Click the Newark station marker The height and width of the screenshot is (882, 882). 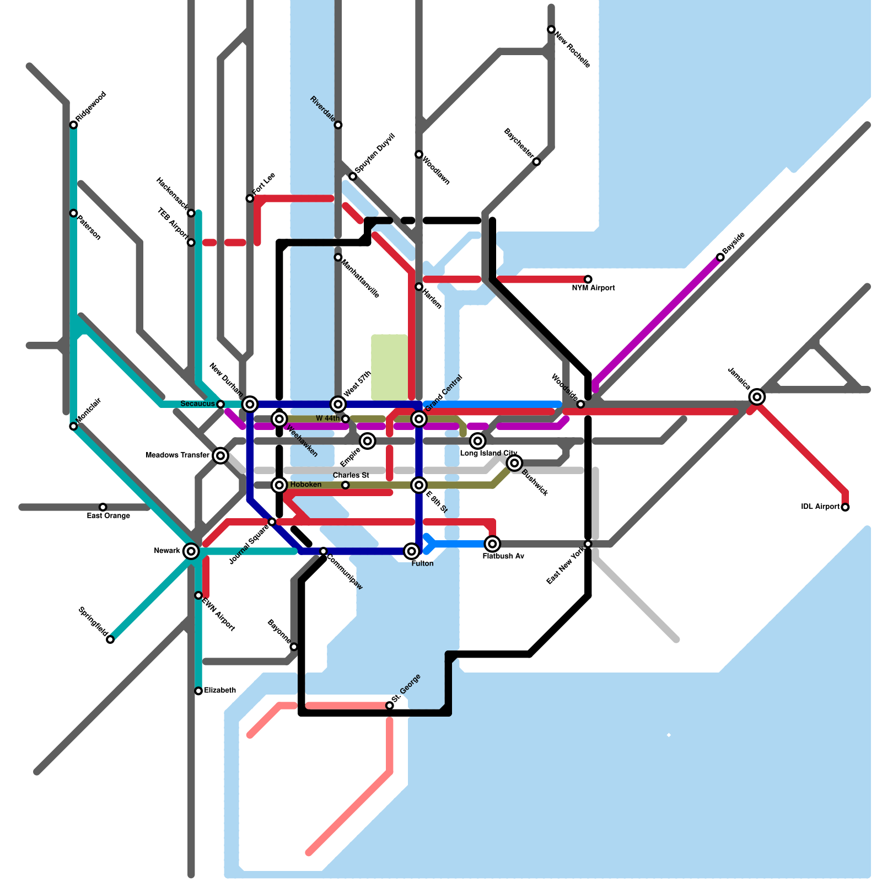click(x=191, y=551)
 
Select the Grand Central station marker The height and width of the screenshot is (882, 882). click(x=419, y=419)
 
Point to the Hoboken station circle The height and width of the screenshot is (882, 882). click(x=279, y=485)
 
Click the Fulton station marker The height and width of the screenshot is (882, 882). click(x=411, y=551)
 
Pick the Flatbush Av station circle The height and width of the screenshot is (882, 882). click(x=493, y=544)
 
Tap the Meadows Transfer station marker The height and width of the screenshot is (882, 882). click(x=220, y=455)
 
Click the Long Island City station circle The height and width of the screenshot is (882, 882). click(x=478, y=440)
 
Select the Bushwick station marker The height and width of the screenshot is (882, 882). click(x=515, y=463)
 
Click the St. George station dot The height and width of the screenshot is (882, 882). click(x=390, y=706)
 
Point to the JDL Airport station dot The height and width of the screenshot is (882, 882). click(x=845, y=507)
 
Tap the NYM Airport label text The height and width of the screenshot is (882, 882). click(x=593, y=288)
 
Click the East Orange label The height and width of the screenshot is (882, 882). click(x=109, y=516)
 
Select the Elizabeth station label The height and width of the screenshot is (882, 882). click(x=220, y=690)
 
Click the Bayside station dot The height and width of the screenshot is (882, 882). click(x=720, y=257)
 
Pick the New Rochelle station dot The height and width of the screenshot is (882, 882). click(x=551, y=29)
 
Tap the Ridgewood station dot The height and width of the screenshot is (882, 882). click(x=73, y=125)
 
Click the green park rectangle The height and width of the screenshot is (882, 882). click(x=389, y=367)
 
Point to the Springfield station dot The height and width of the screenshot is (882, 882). click(x=110, y=639)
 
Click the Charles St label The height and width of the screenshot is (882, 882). click(x=351, y=475)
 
